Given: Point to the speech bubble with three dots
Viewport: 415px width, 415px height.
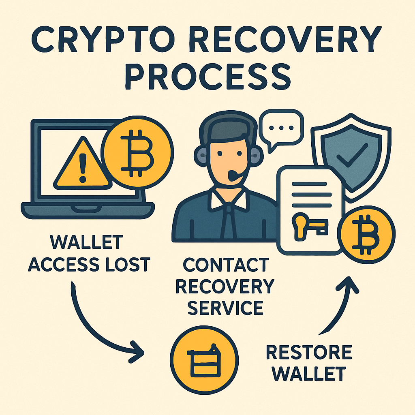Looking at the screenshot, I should [x=281, y=126].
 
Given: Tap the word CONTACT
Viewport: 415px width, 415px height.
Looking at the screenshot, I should [x=225, y=265].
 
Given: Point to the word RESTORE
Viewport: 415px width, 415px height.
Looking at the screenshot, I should [x=309, y=353].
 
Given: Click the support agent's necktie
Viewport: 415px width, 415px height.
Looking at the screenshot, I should [x=229, y=221].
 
